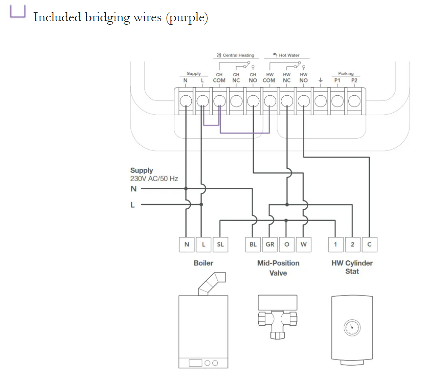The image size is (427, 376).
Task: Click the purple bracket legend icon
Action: pos(18,12)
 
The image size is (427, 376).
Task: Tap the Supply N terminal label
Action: pos(185,80)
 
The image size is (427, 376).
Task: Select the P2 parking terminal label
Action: pos(354,80)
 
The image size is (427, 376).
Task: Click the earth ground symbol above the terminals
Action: pos(320,80)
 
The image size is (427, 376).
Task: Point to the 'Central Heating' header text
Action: pos(238,55)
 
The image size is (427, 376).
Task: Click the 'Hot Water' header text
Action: pos(289,55)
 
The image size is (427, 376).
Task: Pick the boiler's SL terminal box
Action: pos(220,244)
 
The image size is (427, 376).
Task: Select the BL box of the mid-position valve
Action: pos(253,244)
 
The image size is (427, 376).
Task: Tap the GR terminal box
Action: pos(270,244)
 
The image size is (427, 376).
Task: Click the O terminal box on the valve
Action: pos(286,244)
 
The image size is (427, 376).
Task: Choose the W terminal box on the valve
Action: pos(303,244)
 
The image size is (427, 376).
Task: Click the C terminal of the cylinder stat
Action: pos(369,244)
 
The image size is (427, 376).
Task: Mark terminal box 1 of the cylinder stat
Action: pos(336,244)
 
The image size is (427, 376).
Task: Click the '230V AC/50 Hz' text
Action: pos(154,179)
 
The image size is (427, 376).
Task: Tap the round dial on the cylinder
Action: pos(352,327)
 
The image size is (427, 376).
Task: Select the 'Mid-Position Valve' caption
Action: pos(278,268)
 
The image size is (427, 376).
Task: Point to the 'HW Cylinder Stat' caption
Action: pos(352,267)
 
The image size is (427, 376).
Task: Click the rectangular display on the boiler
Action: pos(196,363)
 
